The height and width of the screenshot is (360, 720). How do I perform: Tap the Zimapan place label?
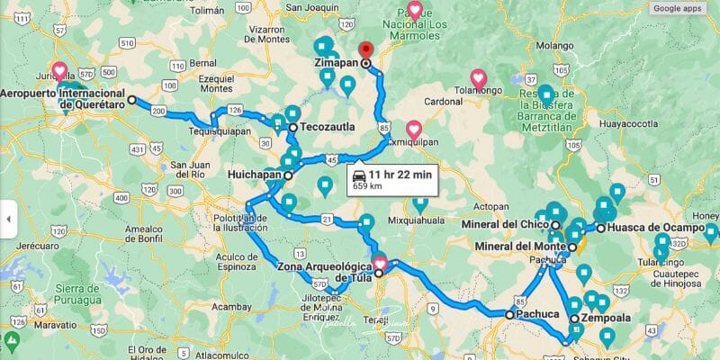pos(337,64)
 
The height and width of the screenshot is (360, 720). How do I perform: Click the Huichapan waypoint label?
pos(255,175)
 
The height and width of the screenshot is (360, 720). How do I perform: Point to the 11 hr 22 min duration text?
pos(401,174)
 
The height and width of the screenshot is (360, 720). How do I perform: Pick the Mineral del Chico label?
pos(510,224)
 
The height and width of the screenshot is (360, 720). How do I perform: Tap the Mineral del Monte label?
pos(519,246)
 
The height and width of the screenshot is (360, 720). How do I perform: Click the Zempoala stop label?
pos(606,318)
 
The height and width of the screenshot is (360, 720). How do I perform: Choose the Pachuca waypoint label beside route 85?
pos(538,315)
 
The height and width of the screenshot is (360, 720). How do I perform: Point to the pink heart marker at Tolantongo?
pos(479,78)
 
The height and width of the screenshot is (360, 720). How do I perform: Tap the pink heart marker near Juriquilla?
pos(59,69)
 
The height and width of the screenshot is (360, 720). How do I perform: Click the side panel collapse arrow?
pos(7,218)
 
